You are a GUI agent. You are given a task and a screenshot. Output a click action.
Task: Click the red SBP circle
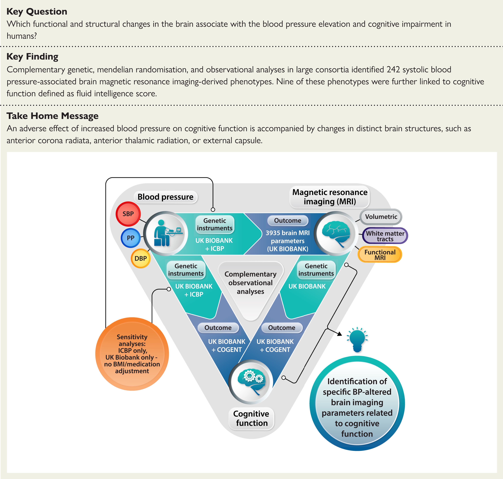pos(128,214)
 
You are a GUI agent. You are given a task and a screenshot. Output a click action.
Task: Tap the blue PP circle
pos(130,238)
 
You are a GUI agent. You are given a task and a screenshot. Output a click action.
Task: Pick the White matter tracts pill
pos(385,236)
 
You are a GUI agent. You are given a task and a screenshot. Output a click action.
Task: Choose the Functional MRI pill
pos(380,255)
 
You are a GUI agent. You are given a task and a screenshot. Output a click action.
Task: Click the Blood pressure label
pos(166,197)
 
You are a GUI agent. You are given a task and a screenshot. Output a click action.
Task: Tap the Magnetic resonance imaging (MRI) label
pos(330,197)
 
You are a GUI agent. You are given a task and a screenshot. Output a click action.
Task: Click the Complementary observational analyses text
pos(250,283)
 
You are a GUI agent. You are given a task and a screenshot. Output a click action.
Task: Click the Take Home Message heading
pos(52,116)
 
